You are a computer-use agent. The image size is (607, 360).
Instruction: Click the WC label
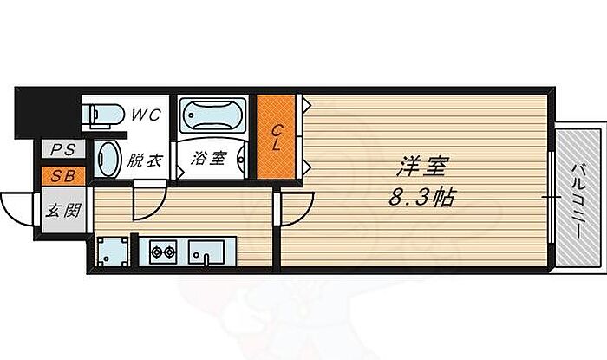click(x=144, y=115)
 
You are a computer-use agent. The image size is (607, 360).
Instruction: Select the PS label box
click(x=62, y=150)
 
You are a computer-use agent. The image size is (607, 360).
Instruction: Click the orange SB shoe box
click(x=62, y=176)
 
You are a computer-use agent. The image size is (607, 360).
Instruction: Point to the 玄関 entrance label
click(x=62, y=209)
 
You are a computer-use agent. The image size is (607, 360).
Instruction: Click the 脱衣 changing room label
click(x=144, y=160)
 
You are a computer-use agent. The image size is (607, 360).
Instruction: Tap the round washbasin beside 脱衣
click(x=108, y=160)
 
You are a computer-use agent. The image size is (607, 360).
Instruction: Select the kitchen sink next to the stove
click(x=206, y=252)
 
